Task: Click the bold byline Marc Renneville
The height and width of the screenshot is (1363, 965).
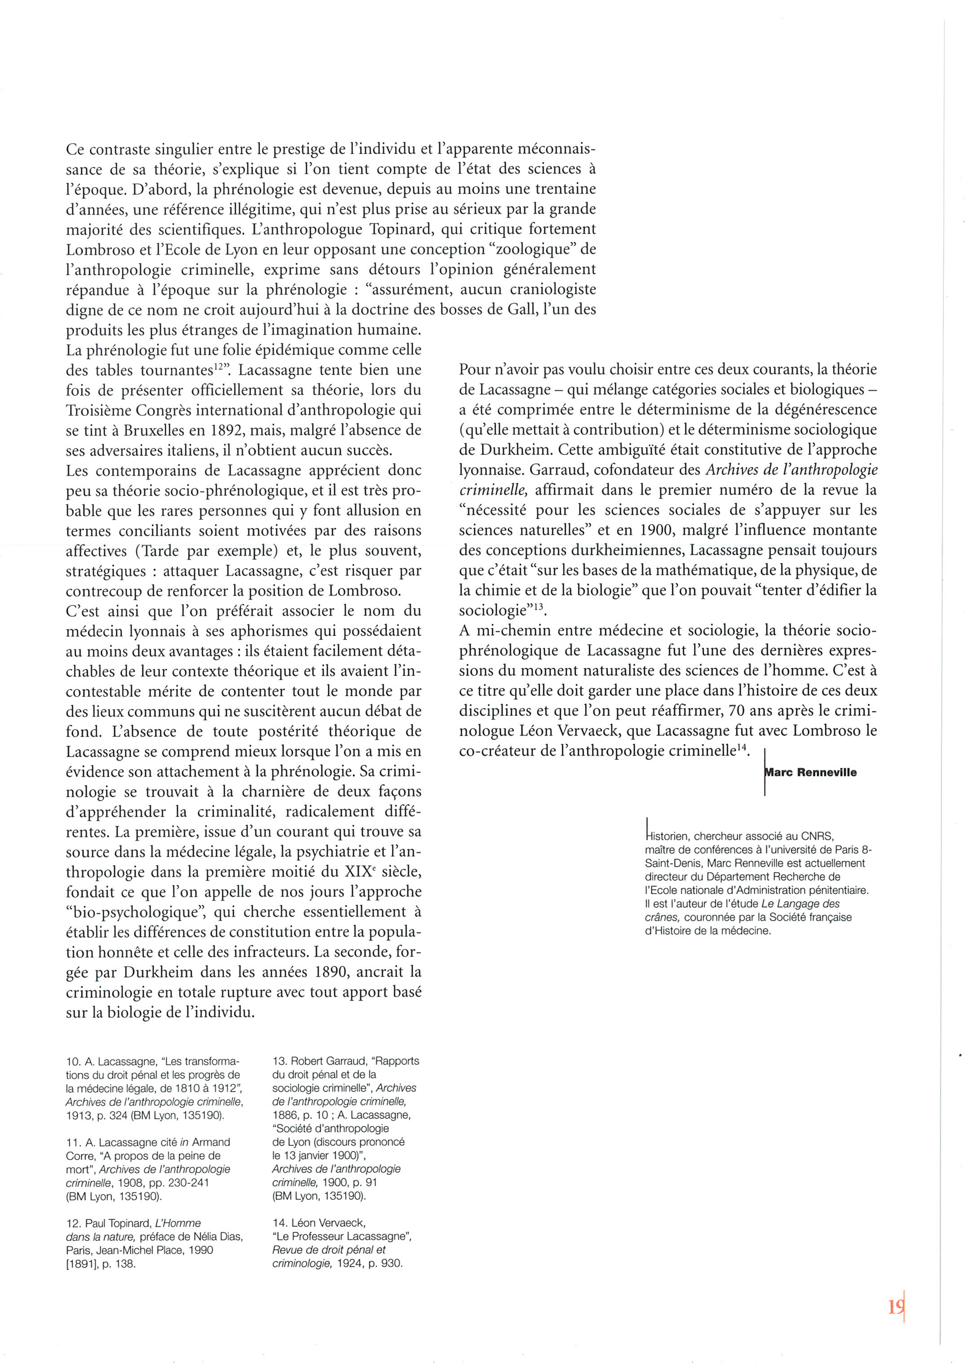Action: click(x=811, y=772)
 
